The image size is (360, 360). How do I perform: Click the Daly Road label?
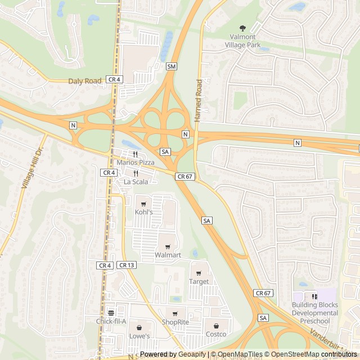click(x=85, y=81)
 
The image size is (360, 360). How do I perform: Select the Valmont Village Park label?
click(x=242, y=40)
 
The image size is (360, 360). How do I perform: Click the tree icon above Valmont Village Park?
click(x=242, y=28)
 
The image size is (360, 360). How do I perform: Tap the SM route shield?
click(x=172, y=66)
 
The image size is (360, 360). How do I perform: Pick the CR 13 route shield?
click(x=127, y=265)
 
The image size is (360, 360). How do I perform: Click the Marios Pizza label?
click(x=135, y=162)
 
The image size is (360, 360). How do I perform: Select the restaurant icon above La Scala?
click(x=136, y=173)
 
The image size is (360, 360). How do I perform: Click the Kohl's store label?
click(x=143, y=212)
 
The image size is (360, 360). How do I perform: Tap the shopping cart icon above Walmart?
click(x=168, y=246)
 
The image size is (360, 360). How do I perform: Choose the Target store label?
click(x=199, y=281)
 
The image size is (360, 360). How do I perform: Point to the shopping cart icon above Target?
click(x=199, y=273)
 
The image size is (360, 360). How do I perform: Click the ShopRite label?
click(x=174, y=322)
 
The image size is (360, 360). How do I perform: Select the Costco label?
click(x=215, y=334)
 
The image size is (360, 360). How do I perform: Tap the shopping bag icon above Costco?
click(x=215, y=325)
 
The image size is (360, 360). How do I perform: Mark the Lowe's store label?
click(x=139, y=336)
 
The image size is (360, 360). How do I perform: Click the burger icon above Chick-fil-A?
click(x=111, y=312)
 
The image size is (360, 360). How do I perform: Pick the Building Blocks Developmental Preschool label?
click(x=314, y=312)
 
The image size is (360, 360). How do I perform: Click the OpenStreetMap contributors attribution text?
click(x=323, y=354)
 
